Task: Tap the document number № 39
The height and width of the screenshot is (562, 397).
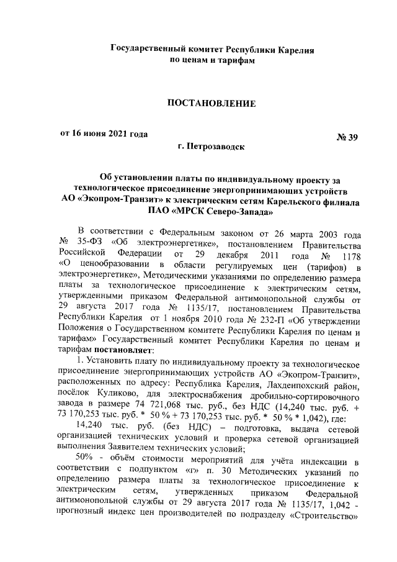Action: [x=346, y=138]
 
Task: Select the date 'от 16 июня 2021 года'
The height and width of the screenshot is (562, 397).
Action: [x=104, y=134]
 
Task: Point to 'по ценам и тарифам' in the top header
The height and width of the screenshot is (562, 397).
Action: [x=212, y=61]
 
